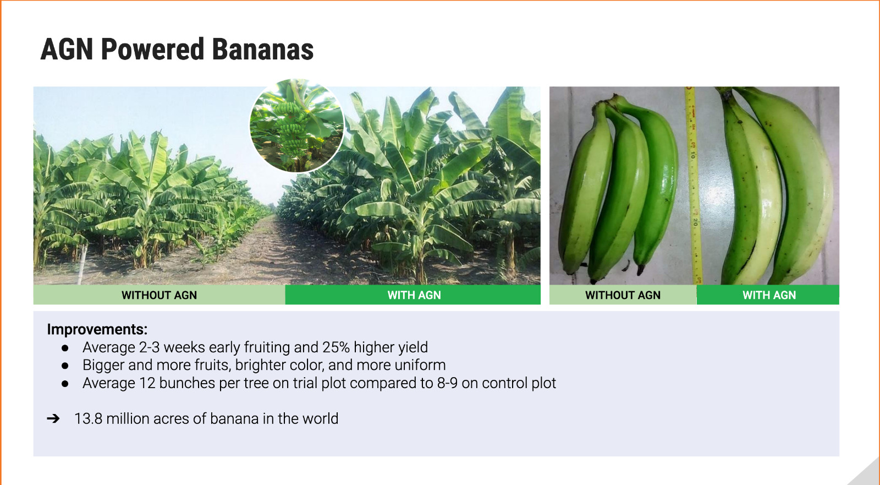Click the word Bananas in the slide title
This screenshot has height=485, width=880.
263,50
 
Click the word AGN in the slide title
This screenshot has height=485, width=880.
67,50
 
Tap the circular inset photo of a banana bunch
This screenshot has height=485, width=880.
297,126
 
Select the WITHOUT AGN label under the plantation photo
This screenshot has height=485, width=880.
159,295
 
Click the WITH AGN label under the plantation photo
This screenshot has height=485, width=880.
414,295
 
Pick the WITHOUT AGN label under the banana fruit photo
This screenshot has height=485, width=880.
623,295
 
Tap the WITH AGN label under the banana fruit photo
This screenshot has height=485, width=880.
769,295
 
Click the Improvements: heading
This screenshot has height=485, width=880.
97,329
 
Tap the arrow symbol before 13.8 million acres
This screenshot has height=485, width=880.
53,418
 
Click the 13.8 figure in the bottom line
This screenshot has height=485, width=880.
89,419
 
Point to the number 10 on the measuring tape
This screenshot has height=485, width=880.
692,155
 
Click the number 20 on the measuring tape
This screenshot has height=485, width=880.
695,222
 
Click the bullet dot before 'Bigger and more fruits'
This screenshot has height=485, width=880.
65,366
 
